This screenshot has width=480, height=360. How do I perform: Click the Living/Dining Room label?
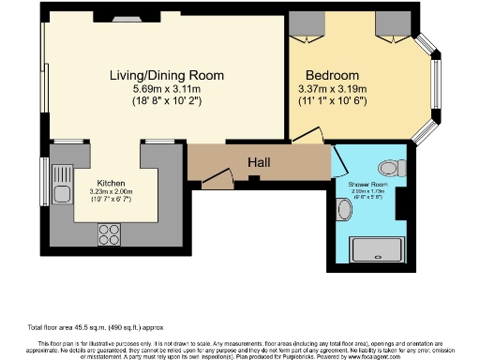point(165,75)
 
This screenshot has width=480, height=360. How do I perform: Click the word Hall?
point(259,163)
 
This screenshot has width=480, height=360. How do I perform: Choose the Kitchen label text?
point(112,184)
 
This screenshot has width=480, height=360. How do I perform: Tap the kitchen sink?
point(62,184)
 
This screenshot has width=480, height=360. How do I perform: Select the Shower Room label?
point(367,184)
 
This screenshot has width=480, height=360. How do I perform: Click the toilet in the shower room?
point(395,159)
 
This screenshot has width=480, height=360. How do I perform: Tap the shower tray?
point(375,248)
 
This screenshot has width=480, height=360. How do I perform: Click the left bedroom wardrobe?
point(304,24)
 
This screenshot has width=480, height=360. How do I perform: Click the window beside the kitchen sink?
point(44,181)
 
